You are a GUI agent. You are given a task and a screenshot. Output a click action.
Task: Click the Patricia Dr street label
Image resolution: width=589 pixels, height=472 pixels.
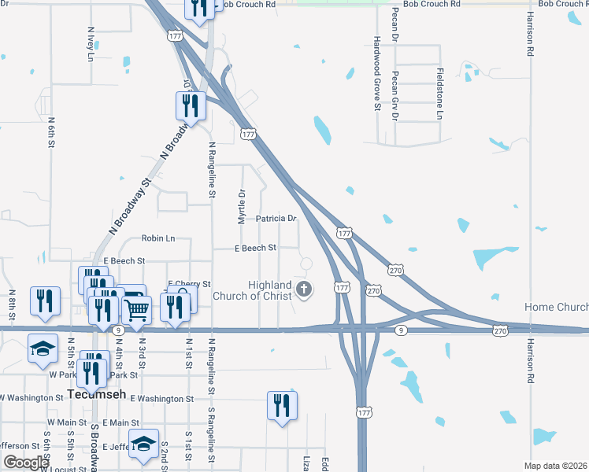click(276, 218)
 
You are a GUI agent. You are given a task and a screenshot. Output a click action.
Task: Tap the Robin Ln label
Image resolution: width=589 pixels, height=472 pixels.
click(157, 238)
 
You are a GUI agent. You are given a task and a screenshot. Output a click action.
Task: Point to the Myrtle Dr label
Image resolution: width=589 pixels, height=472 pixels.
click(242, 204)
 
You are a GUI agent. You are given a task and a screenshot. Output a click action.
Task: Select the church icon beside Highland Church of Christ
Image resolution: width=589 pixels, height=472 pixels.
click(304, 290)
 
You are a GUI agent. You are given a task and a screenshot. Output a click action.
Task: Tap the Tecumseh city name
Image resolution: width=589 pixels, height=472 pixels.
click(92, 394)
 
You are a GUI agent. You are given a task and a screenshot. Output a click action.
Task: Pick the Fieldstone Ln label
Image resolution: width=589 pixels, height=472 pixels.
click(439, 94)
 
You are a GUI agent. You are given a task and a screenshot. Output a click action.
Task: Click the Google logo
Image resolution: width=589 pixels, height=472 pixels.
click(26, 463)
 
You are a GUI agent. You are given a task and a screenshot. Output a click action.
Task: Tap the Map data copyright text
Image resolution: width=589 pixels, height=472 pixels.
click(556, 466)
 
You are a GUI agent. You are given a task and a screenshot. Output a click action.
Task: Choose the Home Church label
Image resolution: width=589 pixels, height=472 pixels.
click(557, 307)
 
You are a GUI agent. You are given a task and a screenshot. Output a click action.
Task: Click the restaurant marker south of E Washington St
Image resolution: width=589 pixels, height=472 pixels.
click(282, 406)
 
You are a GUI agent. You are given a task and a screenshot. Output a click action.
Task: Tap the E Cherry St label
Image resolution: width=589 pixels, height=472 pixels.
click(189, 283)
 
